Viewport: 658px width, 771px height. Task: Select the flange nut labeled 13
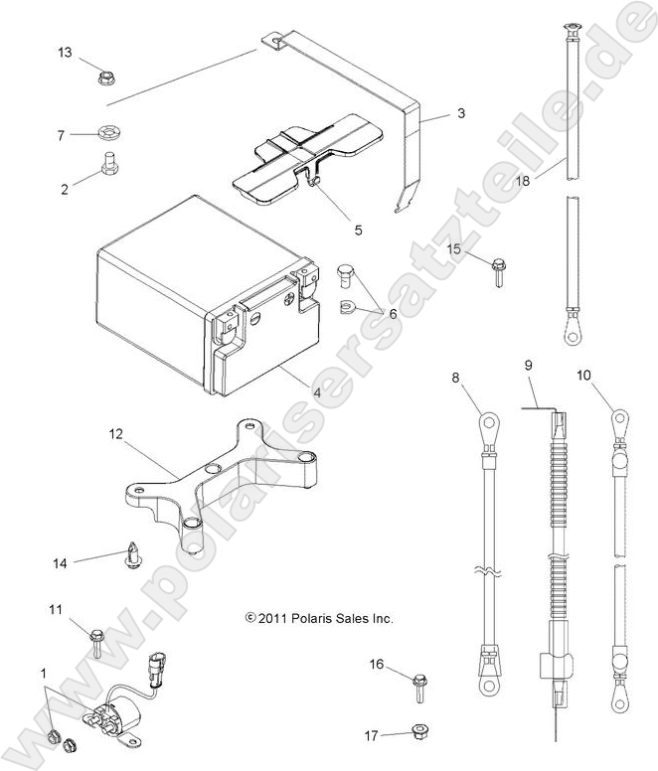point(104,74)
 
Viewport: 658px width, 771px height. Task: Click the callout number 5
point(330,230)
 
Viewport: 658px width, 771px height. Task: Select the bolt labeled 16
point(419,685)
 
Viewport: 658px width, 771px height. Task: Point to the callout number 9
point(529,366)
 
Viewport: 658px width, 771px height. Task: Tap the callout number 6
point(392,313)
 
